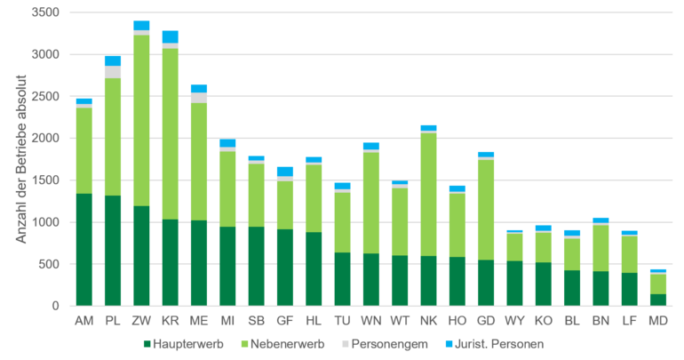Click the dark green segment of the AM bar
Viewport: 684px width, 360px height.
coord(84,249)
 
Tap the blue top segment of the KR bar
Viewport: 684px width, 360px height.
coord(170,36)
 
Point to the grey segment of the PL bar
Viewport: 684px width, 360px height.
coord(113,72)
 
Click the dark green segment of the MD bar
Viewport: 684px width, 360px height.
coord(657,300)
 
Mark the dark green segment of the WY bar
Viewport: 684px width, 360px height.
coord(514,283)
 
